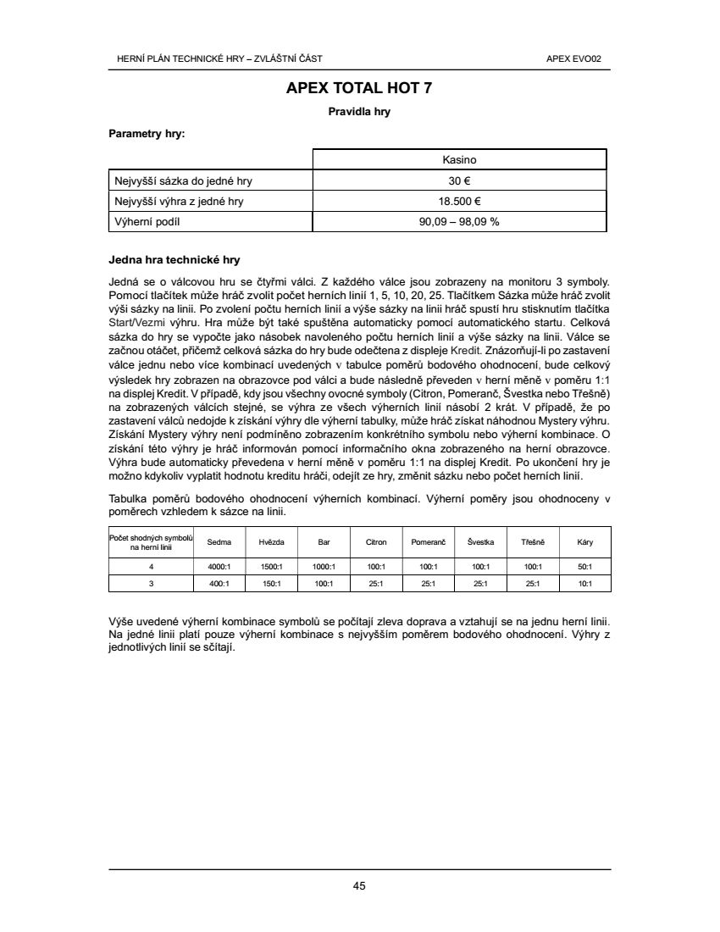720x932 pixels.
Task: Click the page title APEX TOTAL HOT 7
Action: [359, 88]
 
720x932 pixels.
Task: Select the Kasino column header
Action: [459, 159]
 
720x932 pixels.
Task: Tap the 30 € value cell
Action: [459, 180]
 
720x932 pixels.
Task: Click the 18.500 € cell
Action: [459, 201]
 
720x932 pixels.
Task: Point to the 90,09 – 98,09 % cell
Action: [459, 221]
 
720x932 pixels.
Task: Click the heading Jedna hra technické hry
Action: [174, 259]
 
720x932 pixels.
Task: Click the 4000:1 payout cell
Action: [219, 566]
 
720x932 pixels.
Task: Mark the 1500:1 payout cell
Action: [271, 566]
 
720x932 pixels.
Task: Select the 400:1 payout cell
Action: [219, 583]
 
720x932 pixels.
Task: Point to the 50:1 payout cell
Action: [584, 566]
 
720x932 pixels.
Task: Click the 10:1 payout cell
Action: [584, 583]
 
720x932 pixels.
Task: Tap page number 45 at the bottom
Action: [359, 886]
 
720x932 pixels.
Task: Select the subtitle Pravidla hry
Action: [359, 111]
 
